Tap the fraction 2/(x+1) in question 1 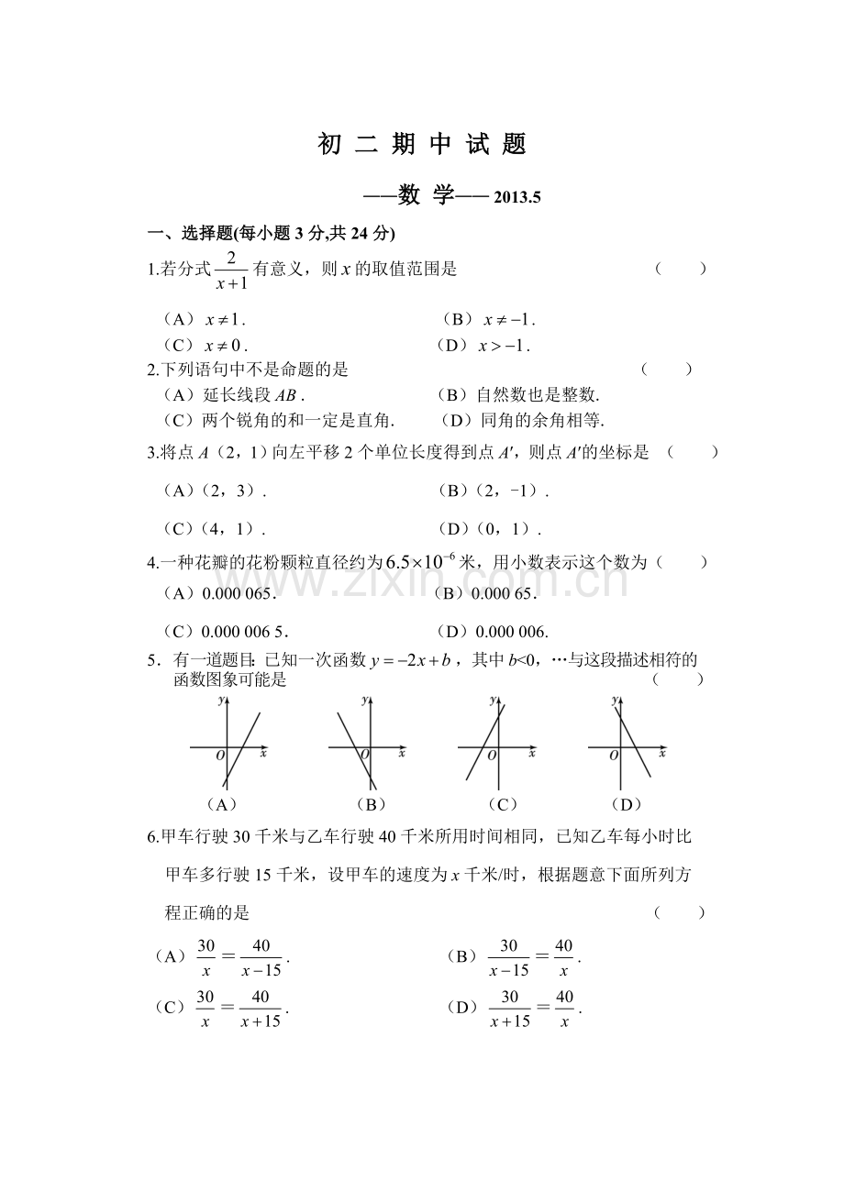[x=231, y=270]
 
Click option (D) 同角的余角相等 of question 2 [x=523, y=420]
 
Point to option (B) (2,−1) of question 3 [x=494, y=491]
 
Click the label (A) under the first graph [x=222, y=804]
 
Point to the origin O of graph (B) [x=365, y=755]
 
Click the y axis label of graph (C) [x=492, y=700]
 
